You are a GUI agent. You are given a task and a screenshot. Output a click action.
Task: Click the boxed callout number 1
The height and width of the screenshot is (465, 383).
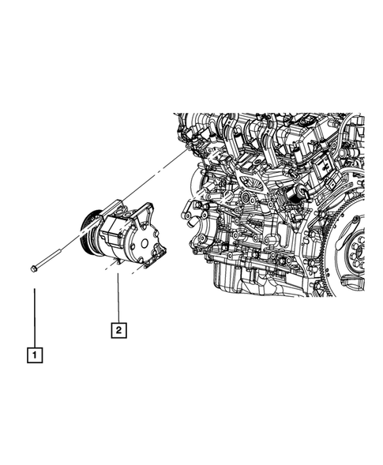tap(34, 355)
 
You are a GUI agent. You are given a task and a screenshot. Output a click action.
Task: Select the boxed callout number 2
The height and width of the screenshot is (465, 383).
tap(117, 329)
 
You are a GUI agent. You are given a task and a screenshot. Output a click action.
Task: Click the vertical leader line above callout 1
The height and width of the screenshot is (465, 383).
tap(34, 316)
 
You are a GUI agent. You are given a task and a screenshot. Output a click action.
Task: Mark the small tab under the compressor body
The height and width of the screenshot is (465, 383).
tap(113, 263)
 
